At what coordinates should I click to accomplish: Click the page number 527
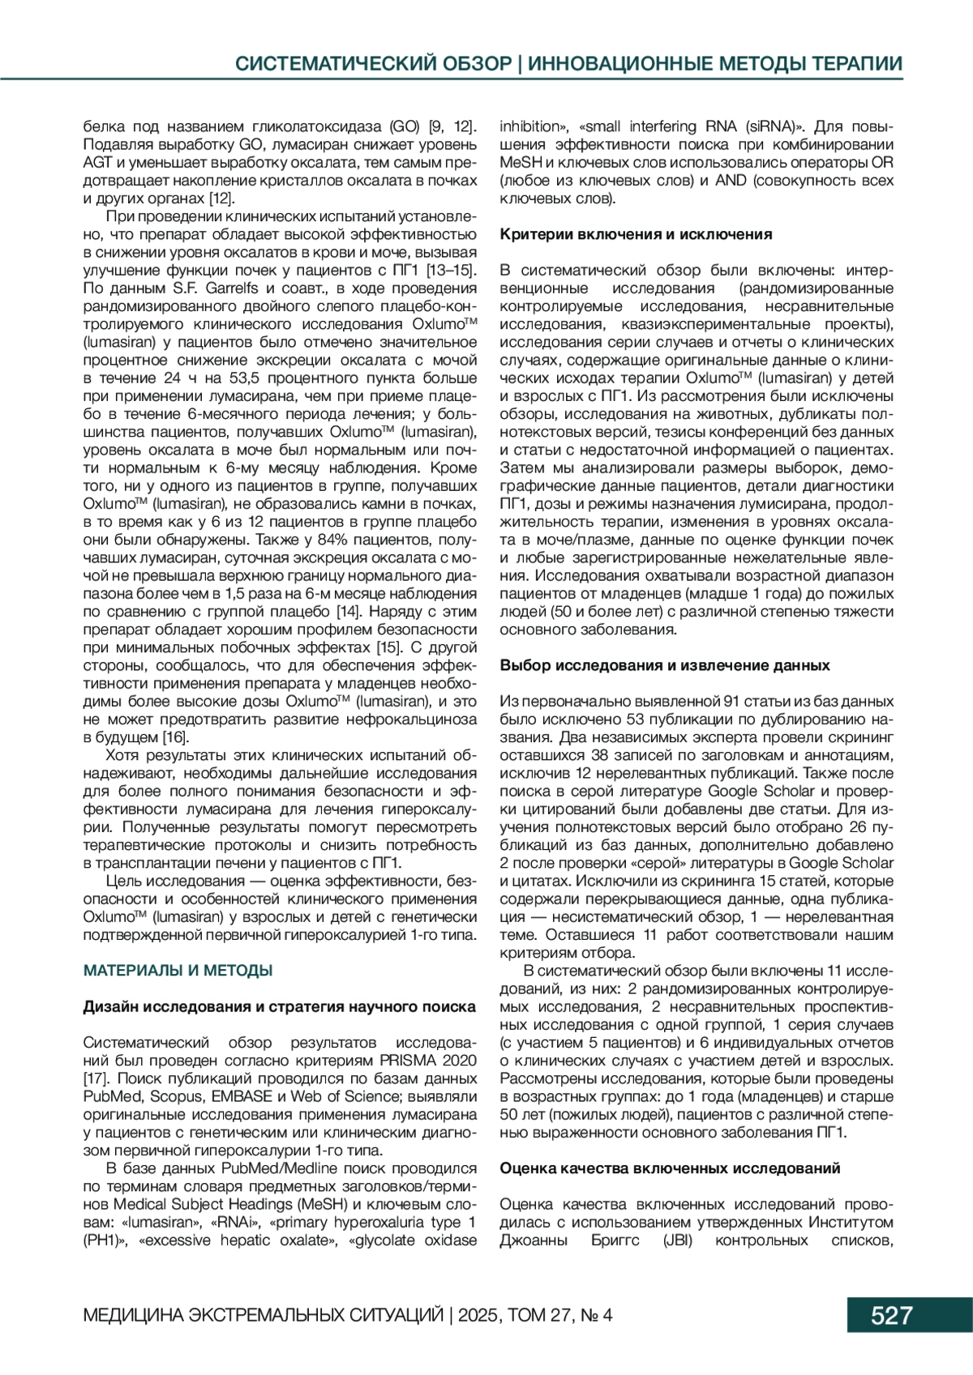coord(891,1314)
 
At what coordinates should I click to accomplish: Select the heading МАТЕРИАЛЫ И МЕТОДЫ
coord(178,970)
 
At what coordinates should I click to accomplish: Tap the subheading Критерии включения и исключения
coord(636,234)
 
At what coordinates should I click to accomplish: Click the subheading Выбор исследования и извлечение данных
coord(664,665)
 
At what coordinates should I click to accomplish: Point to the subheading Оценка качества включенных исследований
coord(670,1168)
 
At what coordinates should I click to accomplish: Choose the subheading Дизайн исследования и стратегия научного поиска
coord(280,1006)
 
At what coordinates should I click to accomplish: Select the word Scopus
coord(176,1096)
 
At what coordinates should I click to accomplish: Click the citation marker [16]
coord(175,737)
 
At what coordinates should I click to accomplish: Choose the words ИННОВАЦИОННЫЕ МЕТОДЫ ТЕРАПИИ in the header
coord(715,64)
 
